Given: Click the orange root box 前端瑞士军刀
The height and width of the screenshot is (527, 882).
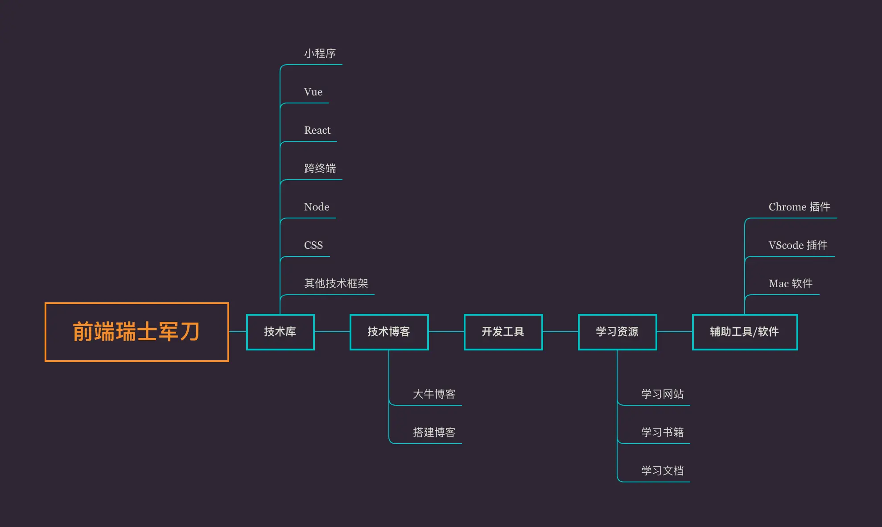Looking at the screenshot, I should pyautogui.click(x=136, y=332).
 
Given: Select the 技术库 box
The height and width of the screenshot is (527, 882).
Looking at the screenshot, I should pyautogui.click(x=280, y=332).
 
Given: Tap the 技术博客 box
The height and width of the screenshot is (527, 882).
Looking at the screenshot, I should pyautogui.click(x=389, y=332).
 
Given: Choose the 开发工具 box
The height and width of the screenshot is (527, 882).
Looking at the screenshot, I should pyautogui.click(x=503, y=332).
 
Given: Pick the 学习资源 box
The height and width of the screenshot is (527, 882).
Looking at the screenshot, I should pyautogui.click(x=617, y=332).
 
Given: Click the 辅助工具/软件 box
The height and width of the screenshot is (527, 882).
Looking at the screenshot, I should pyautogui.click(x=745, y=332).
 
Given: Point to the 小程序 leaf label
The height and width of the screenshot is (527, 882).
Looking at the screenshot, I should pyautogui.click(x=320, y=54).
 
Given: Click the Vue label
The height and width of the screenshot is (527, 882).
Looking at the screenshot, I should pyautogui.click(x=313, y=92).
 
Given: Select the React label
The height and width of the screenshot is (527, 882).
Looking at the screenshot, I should pyautogui.click(x=317, y=130).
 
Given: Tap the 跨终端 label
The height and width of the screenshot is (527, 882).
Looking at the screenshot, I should pyautogui.click(x=320, y=169).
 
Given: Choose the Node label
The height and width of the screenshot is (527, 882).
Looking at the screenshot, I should pyautogui.click(x=317, y=207).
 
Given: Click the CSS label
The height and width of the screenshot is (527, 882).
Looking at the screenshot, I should pyautogui.click(x=313, y=245).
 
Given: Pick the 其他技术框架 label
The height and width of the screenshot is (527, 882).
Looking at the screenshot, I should pyautogui.click(x=336, y=284).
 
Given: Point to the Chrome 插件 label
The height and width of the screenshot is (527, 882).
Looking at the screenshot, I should pyautogui.click(x=799, y=207).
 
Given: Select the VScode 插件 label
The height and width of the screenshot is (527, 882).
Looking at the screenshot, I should pyautogui.click(x=798, y=245).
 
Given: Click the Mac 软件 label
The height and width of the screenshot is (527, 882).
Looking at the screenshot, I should pyautogui.click(x=790, y=284).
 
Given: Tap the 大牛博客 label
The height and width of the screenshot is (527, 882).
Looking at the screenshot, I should pyautogui.click(x=434, y=394).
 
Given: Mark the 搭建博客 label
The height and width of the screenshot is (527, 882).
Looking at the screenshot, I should pyautogui.click(x=434, y=432).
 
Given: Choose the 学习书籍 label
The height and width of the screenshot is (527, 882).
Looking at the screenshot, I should pyautogui.click(x=662, y=432).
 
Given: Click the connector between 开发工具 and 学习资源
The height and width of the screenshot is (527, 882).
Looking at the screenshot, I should pyautogui.click(x=560, y=332).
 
